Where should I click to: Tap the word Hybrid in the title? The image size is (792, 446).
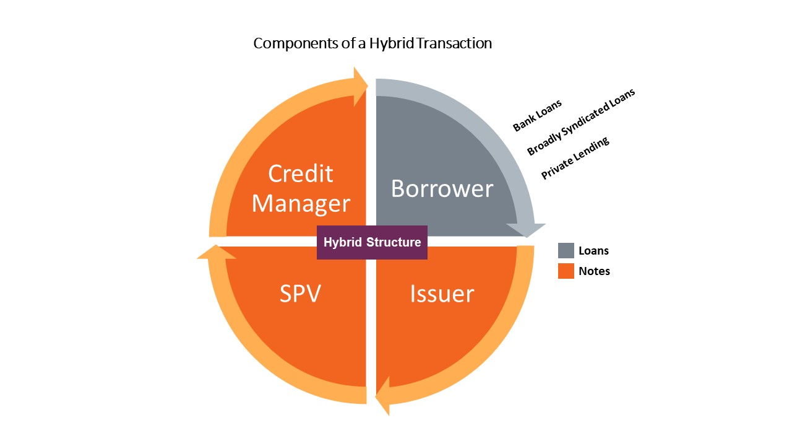coord(391,44)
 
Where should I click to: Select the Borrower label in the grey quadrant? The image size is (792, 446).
coord(442,188)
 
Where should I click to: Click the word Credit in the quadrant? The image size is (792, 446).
coord(301,173)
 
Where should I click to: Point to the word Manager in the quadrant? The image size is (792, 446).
coord(301,203)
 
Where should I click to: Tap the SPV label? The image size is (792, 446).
coord(300,294)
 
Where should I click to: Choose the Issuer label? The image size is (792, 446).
coord(442,294)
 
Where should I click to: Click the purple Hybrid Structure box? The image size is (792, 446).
coord(372,242)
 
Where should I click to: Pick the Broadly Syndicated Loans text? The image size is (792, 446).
coord(581,122)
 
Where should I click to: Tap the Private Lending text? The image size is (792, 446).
coord(575,159)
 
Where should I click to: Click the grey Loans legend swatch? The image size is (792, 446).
coord(566,250)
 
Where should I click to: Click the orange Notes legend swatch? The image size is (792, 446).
coord(566,271)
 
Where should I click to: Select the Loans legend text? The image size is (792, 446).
coord(594,251)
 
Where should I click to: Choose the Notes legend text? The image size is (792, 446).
coord(594,271)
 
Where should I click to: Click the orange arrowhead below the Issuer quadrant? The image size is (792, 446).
coord(384,397)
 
